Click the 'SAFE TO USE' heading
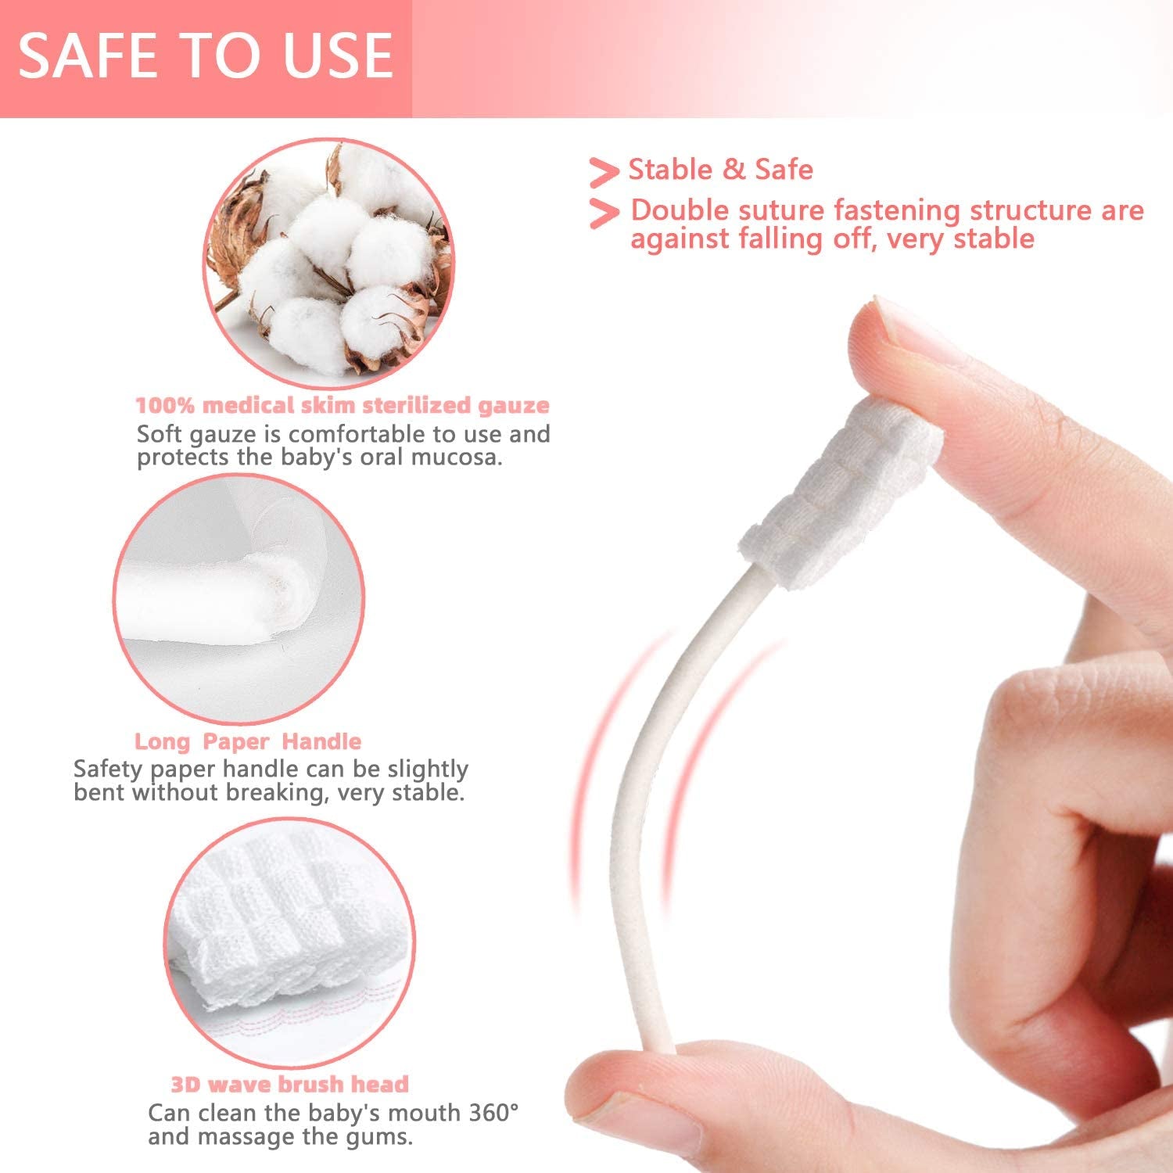tap(205, 56)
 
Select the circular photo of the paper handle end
tap(239, 598)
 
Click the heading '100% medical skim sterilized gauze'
tap(343, 405)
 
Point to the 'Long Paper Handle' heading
tap(248, 741)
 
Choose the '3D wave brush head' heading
tap(289, 1084)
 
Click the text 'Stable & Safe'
tap(720, 170)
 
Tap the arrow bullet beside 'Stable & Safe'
tap(603, 172)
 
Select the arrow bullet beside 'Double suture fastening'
tap(603, 213)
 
